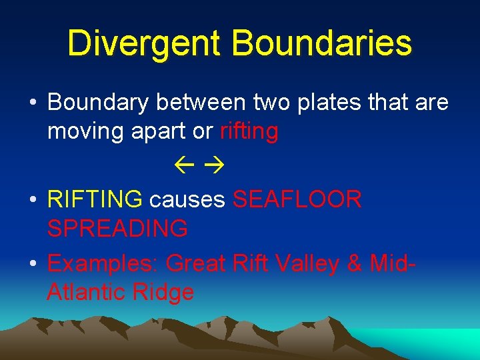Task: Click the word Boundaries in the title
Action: [322, 43]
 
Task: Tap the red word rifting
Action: [249, 132]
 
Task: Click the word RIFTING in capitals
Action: [95, 199]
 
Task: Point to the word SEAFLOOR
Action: [297, 199]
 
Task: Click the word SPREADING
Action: [117, 229]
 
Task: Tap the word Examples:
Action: [103, 263]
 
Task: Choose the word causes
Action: [187, 199]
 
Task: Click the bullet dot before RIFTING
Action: [33, 199]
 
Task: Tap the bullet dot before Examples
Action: [33, 264]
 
